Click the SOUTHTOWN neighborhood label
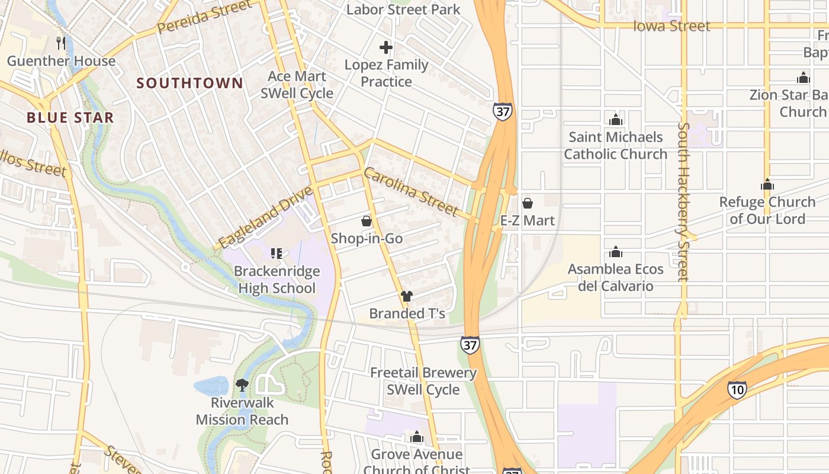coord(189,83)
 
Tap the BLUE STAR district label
coord(70,117)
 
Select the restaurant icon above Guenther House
coord(61,43)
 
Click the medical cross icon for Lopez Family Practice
coord(386,47)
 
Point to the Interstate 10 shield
coord(737,389)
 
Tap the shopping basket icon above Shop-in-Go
coord(367,221)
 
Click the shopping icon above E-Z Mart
coord(528,203)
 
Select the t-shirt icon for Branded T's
coord(406,296)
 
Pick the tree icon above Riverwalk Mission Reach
coord(242,385)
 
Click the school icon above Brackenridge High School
coord(276,254)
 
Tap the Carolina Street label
coord(411,192)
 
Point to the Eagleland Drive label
coord(265,218)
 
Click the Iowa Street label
coord(671,26)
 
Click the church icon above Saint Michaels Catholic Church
coord(616,120)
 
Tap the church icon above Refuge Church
coord(767,184)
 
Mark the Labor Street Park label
coord(403,9)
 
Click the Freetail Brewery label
coord(423,373)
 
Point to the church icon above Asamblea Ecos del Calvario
coord(616,252)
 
